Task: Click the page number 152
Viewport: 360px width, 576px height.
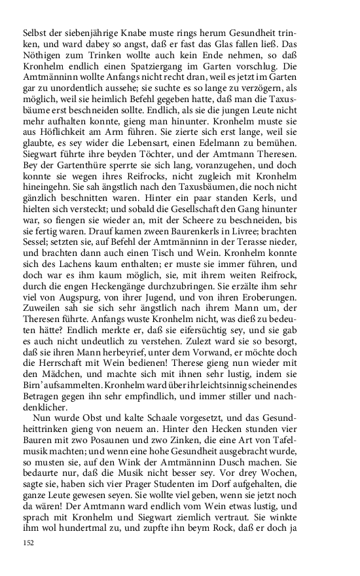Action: (x=28, y=543)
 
